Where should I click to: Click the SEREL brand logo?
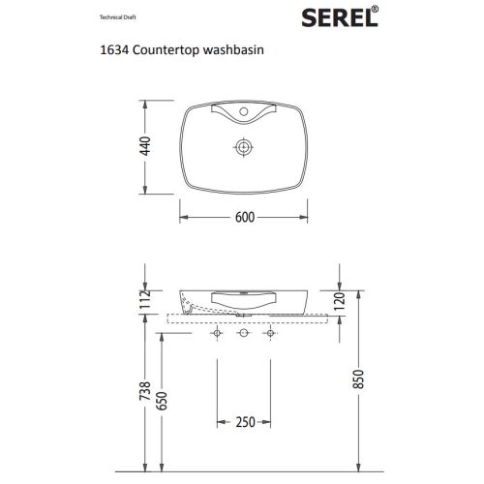[340, 17]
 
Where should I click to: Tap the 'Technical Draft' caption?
[117, 17]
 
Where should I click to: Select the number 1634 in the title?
[115, 50]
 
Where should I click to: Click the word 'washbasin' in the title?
[233, 50]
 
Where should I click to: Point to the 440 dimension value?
[146, 146]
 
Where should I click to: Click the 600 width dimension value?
[245, 217]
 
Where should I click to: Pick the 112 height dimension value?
[146, 299]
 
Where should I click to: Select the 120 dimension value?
[340, 301]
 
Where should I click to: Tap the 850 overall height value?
[358, 379]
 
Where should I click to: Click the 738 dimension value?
[145, 391]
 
